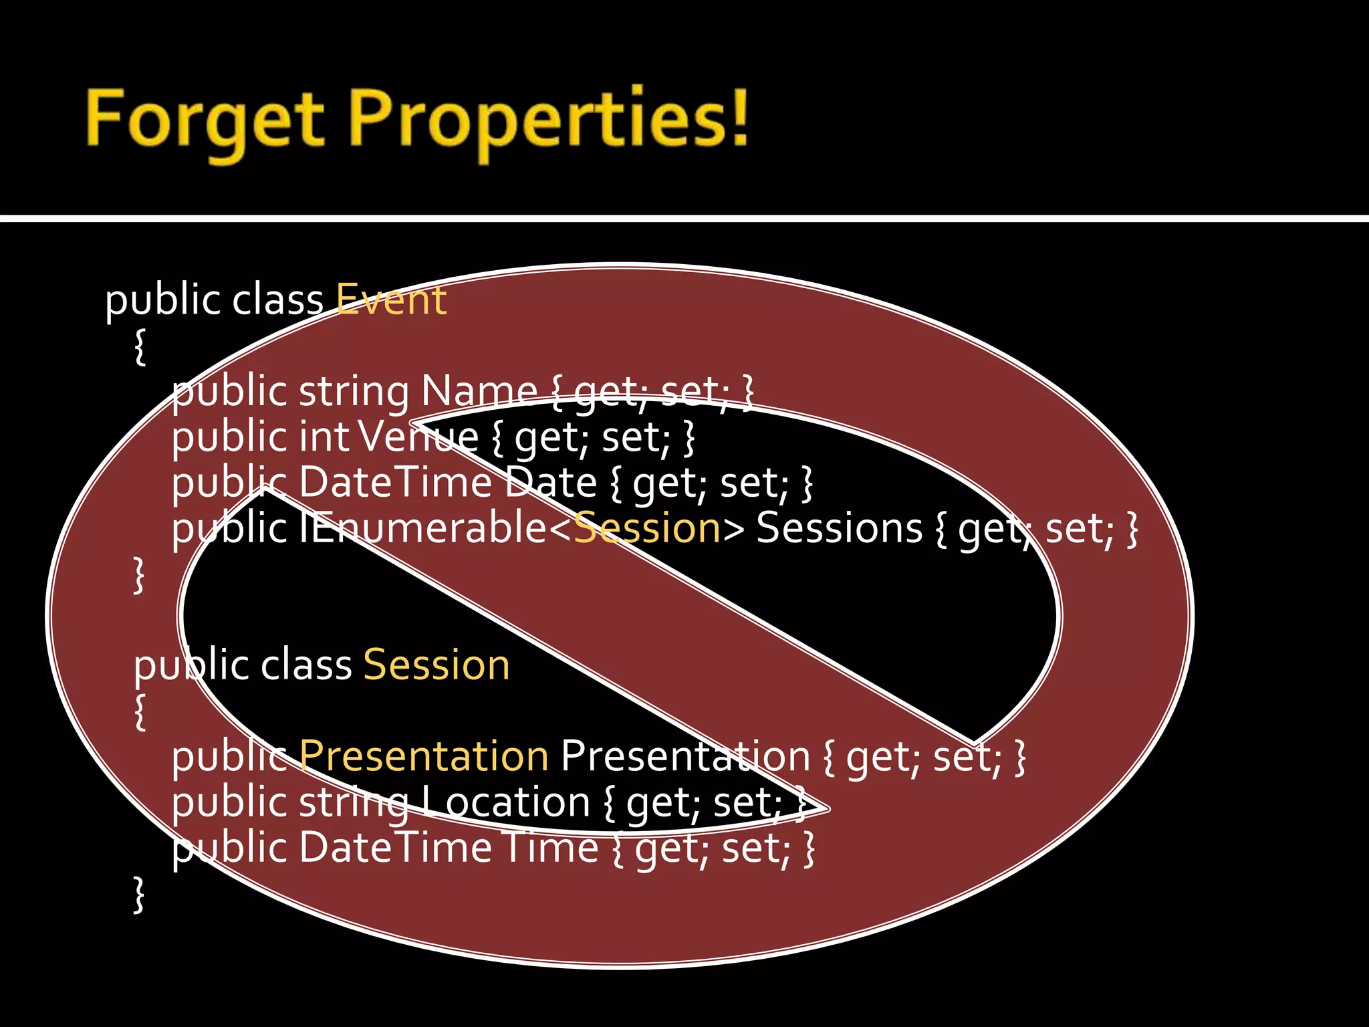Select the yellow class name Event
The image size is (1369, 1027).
tap(391, 300)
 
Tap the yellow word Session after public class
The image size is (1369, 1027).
tap(437, 665)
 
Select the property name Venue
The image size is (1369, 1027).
tap(418, 437)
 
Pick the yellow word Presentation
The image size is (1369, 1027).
tap(424, 757)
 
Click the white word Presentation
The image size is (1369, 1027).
tap(685, 757)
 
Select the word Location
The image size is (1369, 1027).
tap(507, 802)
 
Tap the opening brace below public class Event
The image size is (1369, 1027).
tap(140, 346)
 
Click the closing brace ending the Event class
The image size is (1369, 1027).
tap(139, 575)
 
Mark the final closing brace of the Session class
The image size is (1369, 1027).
tap(139, 895)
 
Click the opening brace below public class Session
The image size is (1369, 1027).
tap(140, 712)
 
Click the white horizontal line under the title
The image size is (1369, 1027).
tap(684, 219)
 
